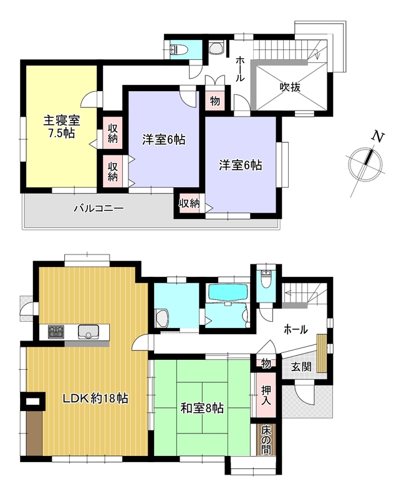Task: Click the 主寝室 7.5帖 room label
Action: coord(61,127)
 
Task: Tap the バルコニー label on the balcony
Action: coord(99,208)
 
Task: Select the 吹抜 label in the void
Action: coord(290,87)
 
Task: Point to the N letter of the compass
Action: coord(378,137)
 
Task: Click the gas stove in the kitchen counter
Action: coord(56,332)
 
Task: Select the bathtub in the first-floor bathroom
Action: coord(228,292)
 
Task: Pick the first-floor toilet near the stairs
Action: coord(266,279)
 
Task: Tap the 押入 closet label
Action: coord(266,395)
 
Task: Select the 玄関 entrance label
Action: coord(301,367)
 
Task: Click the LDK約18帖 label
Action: coord(95,398)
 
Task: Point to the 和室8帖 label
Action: coord(202,408)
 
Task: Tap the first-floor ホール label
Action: coord(296,329)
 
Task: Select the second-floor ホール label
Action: coord(240,69)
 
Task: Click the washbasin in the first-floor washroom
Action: coord(162,318)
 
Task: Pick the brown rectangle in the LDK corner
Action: coord(34,432)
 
